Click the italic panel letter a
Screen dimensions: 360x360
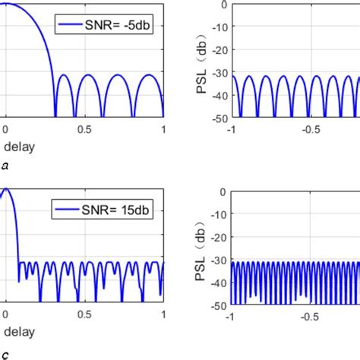(5, 164)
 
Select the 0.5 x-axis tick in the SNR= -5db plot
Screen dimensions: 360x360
(84, 130)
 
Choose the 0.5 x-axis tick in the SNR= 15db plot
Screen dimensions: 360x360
(84, 314)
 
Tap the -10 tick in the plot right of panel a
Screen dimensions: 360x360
(214, 27)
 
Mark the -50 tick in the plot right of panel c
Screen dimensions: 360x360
(214, 305)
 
